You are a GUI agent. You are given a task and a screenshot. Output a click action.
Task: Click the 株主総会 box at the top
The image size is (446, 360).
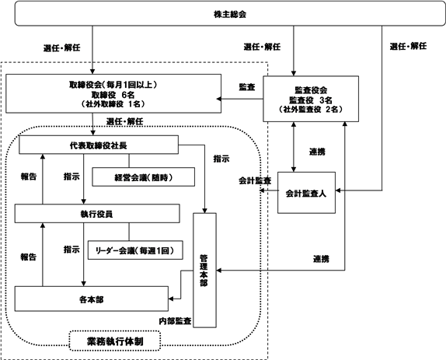coord(230,13)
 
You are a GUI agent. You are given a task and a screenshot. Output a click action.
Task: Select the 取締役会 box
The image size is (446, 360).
coord(113,93)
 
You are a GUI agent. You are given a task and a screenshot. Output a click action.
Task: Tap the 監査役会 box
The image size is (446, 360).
coord(311,99)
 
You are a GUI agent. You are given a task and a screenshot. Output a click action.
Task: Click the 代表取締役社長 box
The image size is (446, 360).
coord(99,145)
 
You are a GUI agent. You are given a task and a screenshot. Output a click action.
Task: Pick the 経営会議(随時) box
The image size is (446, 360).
coord(143,177)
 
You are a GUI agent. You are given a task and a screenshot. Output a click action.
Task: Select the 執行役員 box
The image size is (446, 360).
coord(97,214)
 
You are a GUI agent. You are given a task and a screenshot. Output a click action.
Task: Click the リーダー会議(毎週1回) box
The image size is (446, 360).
coord(135,250)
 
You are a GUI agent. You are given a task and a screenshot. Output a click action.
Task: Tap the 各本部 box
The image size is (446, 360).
coord(92,299)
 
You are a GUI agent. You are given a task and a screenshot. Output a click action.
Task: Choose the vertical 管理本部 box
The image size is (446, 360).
coord(204,271)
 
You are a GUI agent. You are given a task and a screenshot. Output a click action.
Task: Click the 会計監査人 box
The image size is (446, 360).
coord(306,193)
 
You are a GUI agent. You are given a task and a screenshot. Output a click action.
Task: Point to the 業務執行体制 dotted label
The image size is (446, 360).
coord(115,341)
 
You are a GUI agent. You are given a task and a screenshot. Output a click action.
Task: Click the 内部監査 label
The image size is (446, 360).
coord(176,321)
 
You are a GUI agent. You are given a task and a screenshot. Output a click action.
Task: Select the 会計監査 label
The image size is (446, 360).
coord(255,180)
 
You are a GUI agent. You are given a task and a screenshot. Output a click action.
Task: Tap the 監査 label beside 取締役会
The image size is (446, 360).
coord(247,87)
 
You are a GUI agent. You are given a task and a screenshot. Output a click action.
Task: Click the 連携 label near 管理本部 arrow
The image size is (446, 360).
coord(322,259)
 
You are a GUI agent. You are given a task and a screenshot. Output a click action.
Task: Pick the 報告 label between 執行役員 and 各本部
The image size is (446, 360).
coord(29,257)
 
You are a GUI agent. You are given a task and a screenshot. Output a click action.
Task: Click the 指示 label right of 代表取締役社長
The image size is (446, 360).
coord(221,159)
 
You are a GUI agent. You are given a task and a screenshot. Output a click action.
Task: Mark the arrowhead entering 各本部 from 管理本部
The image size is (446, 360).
coord(171,299)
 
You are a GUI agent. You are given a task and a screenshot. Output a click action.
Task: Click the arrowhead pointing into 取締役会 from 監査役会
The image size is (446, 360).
coord(219,99)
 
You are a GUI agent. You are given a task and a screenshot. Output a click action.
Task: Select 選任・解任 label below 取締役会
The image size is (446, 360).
coord(124,121)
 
